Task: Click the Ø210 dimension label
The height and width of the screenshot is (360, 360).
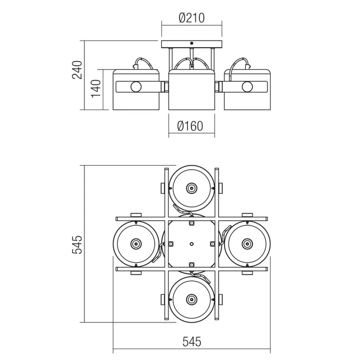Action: (x=191, y=18)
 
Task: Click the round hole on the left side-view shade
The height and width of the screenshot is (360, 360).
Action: (x=136, y=86)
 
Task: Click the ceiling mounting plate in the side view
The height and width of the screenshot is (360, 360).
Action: (x=191, y=44)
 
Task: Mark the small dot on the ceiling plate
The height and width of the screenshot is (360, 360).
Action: (x=191, y=44)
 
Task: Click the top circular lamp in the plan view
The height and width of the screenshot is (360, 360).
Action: (x=191, y=188)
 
